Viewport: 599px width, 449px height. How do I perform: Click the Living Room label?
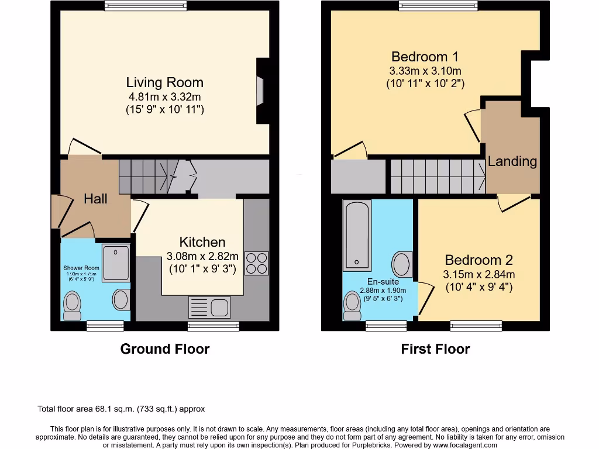click(x=165, y=82)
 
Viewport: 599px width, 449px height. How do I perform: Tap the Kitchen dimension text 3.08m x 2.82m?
click(x=202, y=256)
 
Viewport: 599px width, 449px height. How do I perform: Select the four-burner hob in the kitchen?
click(x=256, y=263)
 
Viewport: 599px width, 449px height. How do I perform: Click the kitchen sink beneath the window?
click(x=210, y=307)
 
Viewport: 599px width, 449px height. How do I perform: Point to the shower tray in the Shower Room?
click(x=116, y=263)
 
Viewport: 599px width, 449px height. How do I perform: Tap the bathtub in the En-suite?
click(x=356, y=236)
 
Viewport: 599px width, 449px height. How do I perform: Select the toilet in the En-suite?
click(x=352, y=306)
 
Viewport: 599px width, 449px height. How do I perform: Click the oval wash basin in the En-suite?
click(x=402, y=264)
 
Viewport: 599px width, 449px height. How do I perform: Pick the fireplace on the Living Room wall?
click(x=261, y=91)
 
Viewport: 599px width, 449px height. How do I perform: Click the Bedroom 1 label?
click(x=425, y=57)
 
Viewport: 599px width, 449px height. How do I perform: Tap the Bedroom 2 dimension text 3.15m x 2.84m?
click(x=479, y=274)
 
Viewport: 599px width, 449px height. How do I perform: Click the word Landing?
click(x=512, y=161)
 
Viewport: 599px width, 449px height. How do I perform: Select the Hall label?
click(x=95, y=199)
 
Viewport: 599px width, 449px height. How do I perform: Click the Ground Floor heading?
click(x=165, y=349)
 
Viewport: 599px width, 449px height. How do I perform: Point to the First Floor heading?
click(x=435, y=349)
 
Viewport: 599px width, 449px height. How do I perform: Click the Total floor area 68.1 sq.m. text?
click(x=121, y=409)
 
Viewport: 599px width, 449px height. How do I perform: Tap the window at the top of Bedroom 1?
click(x=438, y=6)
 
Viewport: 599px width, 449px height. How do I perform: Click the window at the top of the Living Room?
click(x=146, y=6)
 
